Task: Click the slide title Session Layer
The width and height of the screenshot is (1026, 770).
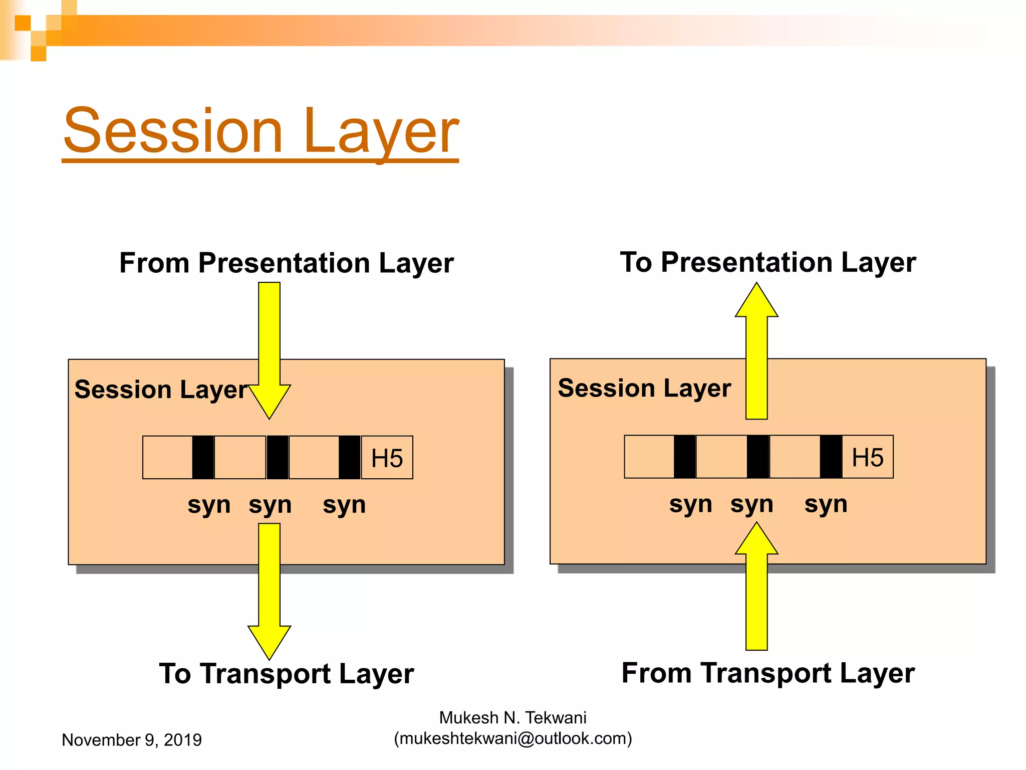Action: coord(261,131)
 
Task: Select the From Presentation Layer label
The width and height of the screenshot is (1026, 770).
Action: coord(286,263)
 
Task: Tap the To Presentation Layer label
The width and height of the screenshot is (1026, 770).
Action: coord(767,262)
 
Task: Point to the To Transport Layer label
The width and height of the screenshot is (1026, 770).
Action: coord(286,673)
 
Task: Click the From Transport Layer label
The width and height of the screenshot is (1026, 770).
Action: coord(767,673)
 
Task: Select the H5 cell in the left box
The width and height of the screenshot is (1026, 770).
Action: coord(387,458)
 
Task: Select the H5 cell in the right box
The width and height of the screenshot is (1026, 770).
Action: coord(867,457)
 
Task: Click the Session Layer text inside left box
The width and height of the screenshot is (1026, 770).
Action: coord(161,390)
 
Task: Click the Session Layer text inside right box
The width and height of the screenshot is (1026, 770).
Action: coord(644,388)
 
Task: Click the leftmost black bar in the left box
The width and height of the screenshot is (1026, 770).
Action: coord(203,457)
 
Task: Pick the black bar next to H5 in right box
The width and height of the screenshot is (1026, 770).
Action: coord(831,457)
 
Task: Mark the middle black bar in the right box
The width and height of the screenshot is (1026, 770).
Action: coord(757,457)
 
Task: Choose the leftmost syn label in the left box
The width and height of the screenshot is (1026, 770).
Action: coord(209,505)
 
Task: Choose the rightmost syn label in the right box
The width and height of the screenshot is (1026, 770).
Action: coord(826,504)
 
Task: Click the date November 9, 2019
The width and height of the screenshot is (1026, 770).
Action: coord(131,740)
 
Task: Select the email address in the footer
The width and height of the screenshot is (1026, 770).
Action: coord(512,738)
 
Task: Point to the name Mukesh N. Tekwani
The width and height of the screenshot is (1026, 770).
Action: coord(512,718)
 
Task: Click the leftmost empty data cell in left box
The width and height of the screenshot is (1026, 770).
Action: coord(167,457)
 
